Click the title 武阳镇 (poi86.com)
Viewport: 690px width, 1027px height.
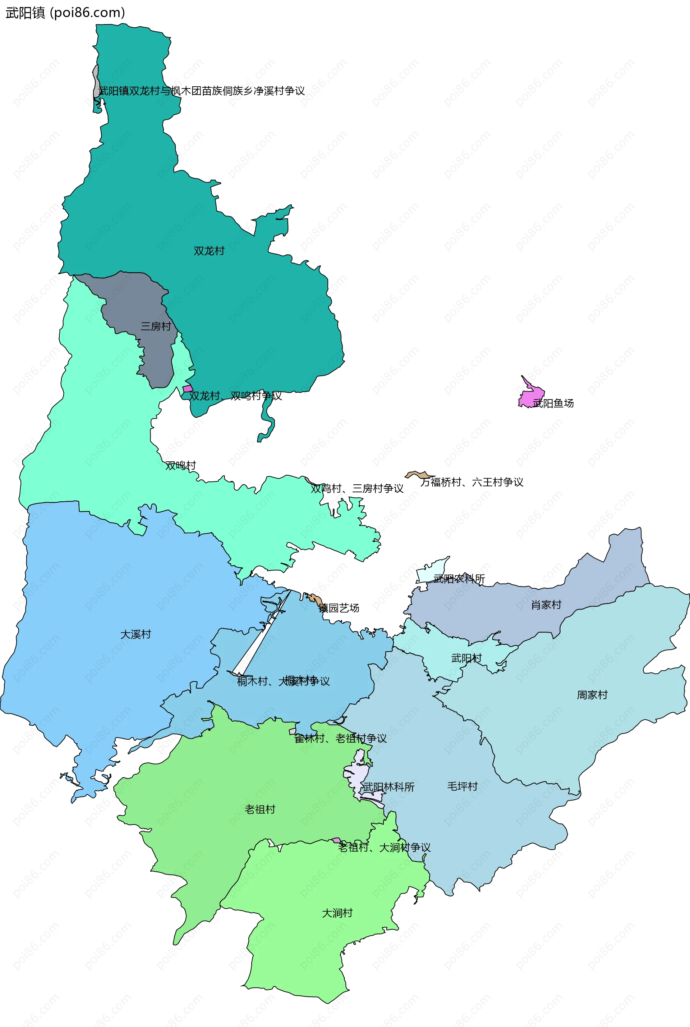65,12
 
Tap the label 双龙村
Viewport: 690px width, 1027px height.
209,251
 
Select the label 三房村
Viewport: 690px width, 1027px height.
155,326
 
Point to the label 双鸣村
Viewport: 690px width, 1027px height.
180,465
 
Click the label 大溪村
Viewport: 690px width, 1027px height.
135,634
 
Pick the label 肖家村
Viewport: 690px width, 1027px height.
546,605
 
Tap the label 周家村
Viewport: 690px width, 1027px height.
592,695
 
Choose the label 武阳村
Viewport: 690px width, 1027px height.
466,658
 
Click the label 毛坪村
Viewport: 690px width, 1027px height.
462,786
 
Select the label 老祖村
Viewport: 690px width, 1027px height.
259,809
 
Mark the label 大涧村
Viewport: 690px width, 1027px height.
337,913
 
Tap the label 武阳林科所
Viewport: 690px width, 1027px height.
388,787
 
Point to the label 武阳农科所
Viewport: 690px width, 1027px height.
459,579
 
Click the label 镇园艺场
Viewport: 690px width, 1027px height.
339,608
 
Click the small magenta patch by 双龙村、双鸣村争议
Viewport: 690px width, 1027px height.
188,389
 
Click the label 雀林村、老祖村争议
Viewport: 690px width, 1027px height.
340,738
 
